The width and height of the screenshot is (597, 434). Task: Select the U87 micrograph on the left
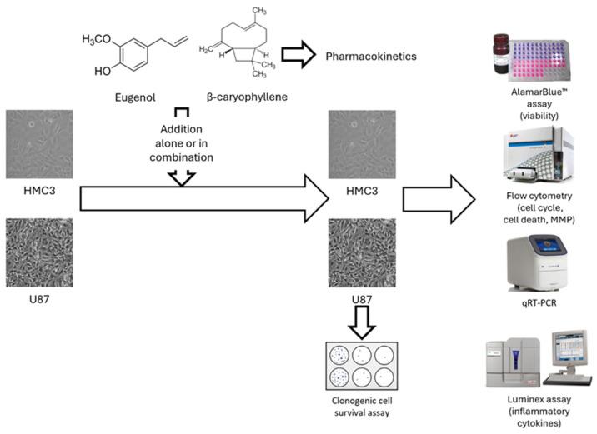[x=34, y=248]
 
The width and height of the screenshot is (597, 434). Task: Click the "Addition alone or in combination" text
[x=182, y=144]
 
